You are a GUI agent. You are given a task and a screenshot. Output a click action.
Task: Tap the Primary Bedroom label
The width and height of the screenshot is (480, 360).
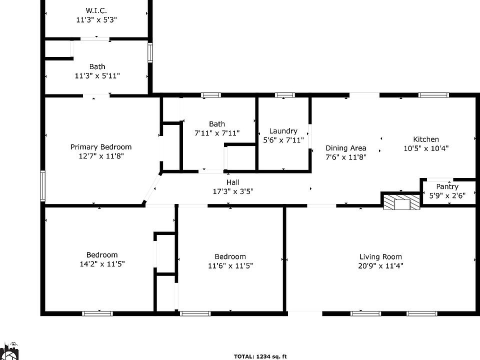click(101, 147)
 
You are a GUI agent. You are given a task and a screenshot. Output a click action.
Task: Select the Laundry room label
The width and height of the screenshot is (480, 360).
click(283, 131)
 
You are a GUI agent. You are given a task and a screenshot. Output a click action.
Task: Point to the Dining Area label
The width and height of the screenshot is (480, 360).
click(346, 148)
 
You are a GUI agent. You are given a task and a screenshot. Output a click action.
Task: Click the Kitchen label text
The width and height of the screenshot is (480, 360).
click(426, 139)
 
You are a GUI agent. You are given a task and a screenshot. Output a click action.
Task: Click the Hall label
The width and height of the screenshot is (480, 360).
click(233, 182)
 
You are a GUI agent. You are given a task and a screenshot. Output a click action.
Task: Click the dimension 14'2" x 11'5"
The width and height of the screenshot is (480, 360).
click(102, 263)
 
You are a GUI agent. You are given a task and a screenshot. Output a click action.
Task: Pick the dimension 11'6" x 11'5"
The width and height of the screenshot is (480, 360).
click(230, 266)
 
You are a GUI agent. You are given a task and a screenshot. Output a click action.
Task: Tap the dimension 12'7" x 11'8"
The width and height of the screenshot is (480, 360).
click(101, 156)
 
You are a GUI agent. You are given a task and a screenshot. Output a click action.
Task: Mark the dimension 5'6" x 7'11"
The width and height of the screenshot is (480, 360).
click(283, 140)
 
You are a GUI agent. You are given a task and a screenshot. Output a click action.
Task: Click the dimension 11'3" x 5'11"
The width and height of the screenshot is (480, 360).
click(97, 76)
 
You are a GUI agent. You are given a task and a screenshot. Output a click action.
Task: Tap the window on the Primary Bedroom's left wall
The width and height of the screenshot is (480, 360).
click(43, 185)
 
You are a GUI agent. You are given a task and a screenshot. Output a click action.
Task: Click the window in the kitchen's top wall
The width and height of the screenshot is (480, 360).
click(433, 95)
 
